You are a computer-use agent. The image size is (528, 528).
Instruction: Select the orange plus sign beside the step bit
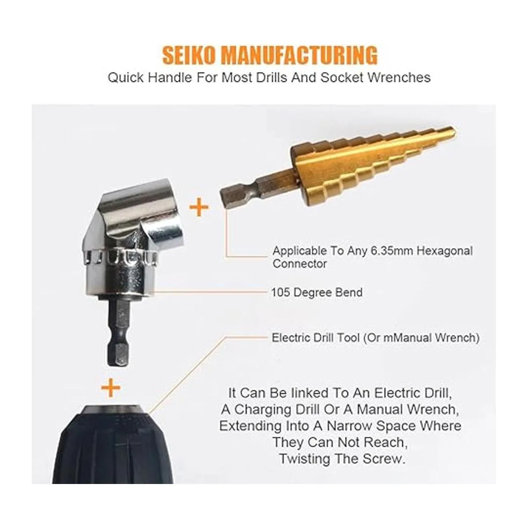(199, 207)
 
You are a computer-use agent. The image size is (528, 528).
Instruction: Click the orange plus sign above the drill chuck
(111, 388)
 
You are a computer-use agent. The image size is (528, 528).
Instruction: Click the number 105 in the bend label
(281, 292)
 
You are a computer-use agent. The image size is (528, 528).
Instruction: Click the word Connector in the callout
(300, 264)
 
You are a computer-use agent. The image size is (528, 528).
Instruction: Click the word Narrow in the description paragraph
(349, 426)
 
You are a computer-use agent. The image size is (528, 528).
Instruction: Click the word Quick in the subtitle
(126, 77)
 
